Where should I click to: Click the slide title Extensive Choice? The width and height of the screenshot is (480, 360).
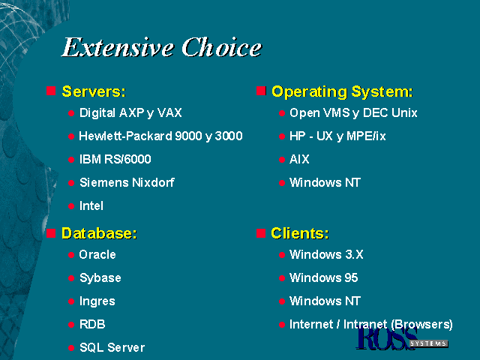tap(162, 47)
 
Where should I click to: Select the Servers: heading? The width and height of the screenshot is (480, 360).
tap(94, 91)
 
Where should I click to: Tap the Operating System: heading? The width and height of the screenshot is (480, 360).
tap(342, 91)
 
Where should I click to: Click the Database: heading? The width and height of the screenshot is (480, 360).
tap(99, 233)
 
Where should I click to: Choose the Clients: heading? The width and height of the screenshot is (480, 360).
tap(300, 233)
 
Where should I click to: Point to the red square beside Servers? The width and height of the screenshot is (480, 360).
tap(51, 91)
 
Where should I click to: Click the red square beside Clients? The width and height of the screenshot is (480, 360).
tap(261, 233)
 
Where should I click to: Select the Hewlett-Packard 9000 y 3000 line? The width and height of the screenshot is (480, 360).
tap(160, 136)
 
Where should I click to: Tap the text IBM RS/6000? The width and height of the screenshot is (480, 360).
tap(115, 159)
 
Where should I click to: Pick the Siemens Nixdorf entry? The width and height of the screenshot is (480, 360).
tap(127, 182)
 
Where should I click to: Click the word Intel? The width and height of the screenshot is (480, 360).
tap(91, 205)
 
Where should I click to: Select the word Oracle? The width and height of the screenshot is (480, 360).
tap(97, 255)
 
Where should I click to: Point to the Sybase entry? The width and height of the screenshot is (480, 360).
tap(100, 278)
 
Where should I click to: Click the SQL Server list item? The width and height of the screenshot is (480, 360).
tap(112, 347)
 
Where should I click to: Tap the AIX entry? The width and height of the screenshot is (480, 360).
tap(299, 159)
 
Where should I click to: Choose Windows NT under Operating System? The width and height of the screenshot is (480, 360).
tap(325, 182)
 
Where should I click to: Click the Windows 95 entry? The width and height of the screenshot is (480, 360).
tap(323, 278)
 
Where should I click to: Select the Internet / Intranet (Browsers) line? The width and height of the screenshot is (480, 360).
tap(371, 325)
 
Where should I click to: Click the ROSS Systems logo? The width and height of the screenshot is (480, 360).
tap(402, 339)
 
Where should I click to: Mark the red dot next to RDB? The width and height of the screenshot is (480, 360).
tap(71, 325)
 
